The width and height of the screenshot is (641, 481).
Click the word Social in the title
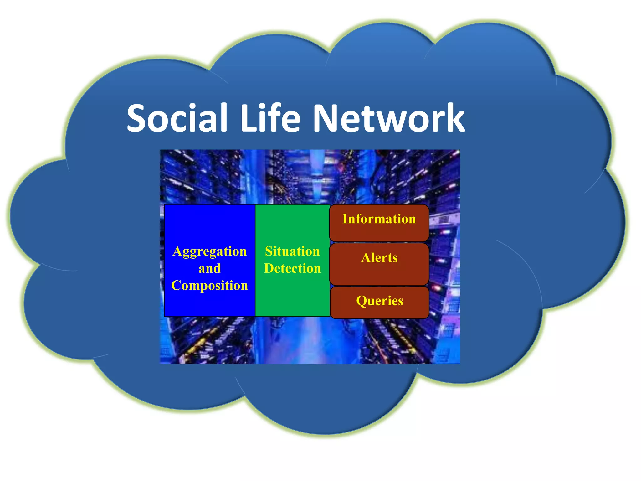point(177,118)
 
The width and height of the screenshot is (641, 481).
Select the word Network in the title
point(389,118)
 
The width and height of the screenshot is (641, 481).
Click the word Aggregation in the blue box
point(210,252)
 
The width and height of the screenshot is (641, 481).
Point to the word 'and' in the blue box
point(210,269)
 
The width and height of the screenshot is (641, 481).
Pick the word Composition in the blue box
point(210,286)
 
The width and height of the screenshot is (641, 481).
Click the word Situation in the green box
point(292,251)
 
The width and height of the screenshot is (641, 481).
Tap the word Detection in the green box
point(292,269)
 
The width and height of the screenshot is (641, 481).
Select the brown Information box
point(379,223)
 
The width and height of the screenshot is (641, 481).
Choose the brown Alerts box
point(379,264)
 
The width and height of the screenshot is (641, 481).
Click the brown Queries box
point(379,302)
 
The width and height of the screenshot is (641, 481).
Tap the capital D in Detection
point(269,269)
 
